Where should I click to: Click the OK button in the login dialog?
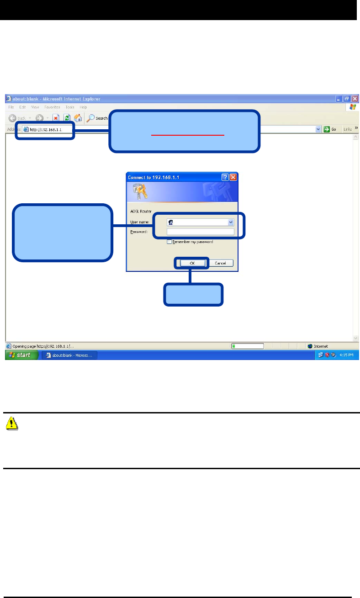coord(191,263)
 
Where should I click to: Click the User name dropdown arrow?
coord(231,222)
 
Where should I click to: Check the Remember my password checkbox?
coord(169,242)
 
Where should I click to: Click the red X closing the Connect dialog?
coord(233,177)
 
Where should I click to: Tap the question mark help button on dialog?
coord(225,177)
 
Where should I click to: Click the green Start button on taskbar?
coord(21,355)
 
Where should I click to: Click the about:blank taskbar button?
coord(69,355)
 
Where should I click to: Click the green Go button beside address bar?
coord(330,129)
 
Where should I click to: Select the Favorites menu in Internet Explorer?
coord(53,107)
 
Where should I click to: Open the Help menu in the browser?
coord(84,107)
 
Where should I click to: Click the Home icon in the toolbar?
coord(78,118)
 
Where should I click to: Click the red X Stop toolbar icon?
coord(56,118)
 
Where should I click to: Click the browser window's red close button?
coord(355,99)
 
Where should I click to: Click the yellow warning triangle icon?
coord(12,424)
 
